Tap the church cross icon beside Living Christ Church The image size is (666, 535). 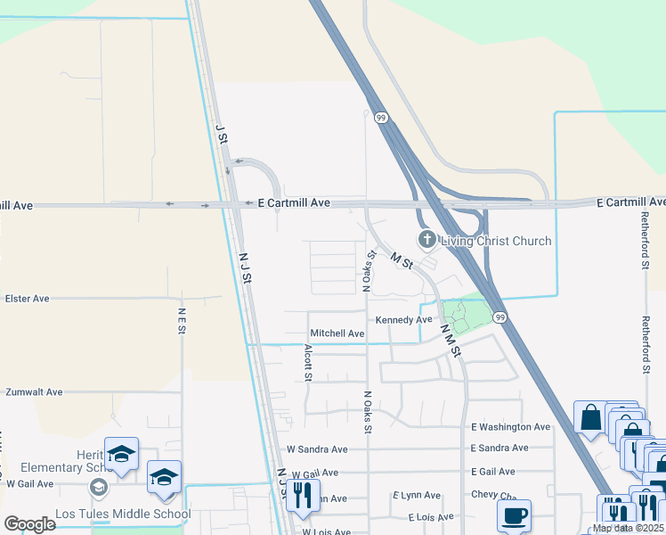[427, 240]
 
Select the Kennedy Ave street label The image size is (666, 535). [403, 319]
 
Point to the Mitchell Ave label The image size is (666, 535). [337, 333]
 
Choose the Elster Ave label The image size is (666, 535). [28, 299]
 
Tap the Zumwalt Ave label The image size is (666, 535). [34, 391]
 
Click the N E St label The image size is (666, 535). [182, 321]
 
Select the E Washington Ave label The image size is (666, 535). [511, 427]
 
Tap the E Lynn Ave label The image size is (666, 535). [417, 495]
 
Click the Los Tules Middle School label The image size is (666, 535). [123, 514]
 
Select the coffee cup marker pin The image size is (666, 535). [514, 514]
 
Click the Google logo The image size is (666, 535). [29, 523]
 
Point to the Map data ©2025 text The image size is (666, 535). [627, 528]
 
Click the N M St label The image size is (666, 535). [449, 340]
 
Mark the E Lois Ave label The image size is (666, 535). [431, 517]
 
